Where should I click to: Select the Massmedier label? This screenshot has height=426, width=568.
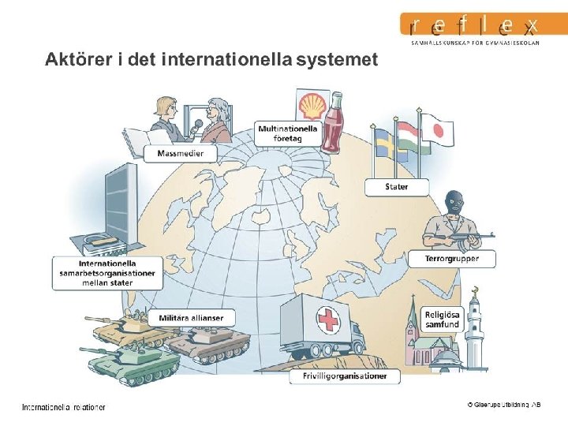(180, 153)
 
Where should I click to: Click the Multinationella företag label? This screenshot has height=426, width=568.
(288, 133)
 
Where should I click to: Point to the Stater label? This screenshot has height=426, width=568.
(397, 187)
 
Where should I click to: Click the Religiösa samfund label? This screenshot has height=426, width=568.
(442, 319)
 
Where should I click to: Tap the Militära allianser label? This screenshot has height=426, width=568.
(191, 318)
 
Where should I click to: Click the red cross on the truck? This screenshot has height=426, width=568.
(327, 320)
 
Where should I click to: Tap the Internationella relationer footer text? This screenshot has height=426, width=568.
(63, 407)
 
